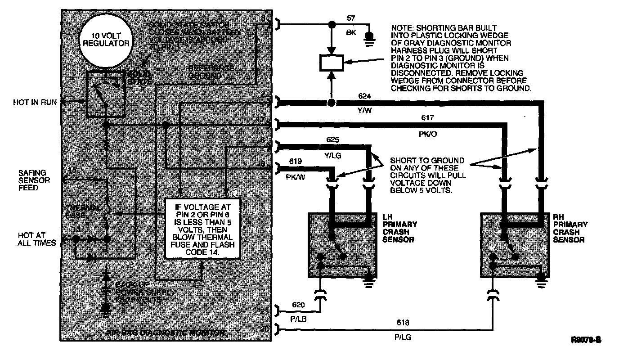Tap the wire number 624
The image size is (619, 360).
click(364, 96)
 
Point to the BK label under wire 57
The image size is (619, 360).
click(351, 33)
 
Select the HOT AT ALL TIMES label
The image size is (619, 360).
click(37, 239)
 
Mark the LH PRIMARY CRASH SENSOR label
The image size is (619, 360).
click(399, 232)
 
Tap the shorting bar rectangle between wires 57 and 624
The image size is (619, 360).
click(331, 63)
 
